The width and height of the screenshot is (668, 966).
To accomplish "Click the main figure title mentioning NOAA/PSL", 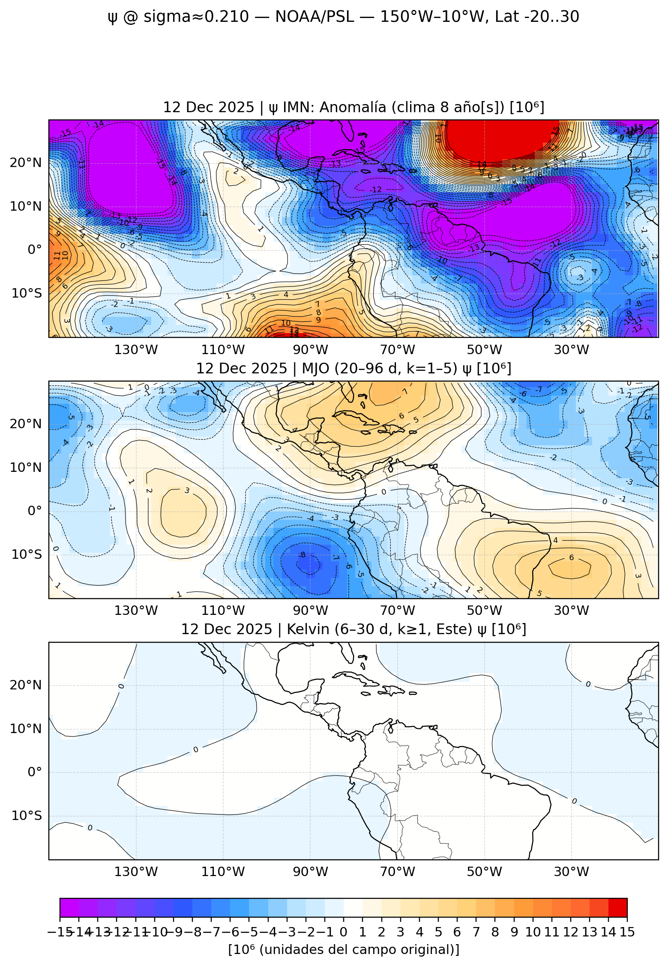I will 343,17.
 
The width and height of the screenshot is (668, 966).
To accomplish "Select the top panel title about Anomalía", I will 353,107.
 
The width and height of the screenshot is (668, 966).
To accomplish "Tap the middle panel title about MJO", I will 353,368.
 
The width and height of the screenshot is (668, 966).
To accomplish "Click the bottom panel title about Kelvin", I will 353,629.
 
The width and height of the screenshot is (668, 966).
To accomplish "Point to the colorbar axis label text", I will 344,949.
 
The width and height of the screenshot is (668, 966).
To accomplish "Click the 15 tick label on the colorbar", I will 627,932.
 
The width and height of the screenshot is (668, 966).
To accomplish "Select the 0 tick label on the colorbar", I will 343,932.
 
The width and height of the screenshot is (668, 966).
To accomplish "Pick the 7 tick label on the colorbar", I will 476,932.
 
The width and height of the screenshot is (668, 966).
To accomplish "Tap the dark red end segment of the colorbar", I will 617,907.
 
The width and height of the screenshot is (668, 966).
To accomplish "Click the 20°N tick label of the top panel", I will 26,163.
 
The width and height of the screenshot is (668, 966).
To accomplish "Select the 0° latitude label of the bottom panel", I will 35,772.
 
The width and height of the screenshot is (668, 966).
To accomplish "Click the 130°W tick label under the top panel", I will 136,350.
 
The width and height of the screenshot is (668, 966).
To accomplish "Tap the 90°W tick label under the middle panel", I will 310,611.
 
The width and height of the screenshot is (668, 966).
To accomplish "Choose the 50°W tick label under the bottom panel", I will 484,871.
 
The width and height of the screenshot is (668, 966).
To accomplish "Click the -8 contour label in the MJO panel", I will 303,555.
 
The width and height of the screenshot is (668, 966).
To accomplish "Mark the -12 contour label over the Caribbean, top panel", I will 376,190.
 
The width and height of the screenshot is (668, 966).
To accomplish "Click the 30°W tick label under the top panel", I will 571,350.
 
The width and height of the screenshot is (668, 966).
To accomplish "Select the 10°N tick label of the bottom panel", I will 26,728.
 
